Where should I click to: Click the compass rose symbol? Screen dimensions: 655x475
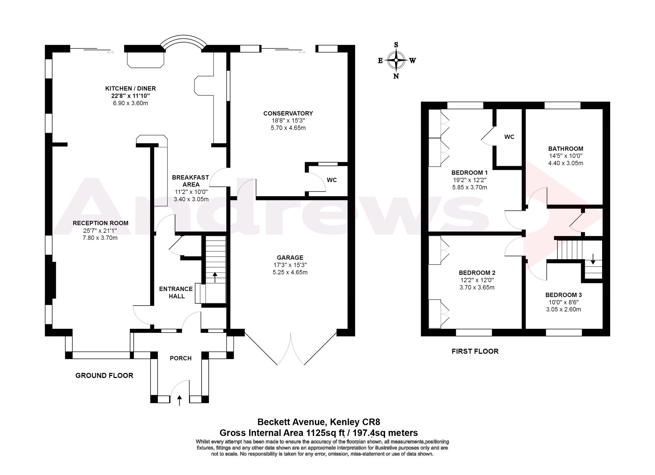[x=396, y=60]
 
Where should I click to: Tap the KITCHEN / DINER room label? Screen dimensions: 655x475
[x=131, y=88]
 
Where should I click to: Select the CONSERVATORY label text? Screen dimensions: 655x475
[x=288, y=113]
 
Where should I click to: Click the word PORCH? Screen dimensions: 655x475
[x=181, y=358]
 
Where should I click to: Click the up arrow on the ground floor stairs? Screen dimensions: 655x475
[x=215, y=277]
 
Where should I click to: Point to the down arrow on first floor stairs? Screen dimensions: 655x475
[x=593, y=259]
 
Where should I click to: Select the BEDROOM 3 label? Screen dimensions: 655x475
[x=563, y=295]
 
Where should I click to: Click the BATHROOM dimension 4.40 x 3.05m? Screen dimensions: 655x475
[x=566, y=163]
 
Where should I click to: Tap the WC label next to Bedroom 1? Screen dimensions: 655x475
[x=509, y=137]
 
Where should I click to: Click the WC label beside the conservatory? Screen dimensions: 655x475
[x=332, y=180]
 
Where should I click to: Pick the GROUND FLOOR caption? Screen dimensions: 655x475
[x=104, y=375]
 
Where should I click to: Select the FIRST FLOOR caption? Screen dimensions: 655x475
[x=475, y=351]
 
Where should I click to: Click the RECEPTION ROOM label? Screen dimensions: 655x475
[x=101, y=223]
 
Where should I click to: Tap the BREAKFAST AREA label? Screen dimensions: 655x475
[x=191, y=181]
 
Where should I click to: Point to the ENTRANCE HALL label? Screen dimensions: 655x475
[x=176, y=293]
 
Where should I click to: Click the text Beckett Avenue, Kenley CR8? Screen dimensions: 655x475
[x=319, y=422]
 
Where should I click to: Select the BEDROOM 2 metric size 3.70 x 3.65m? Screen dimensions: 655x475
[x=477, y=288]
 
